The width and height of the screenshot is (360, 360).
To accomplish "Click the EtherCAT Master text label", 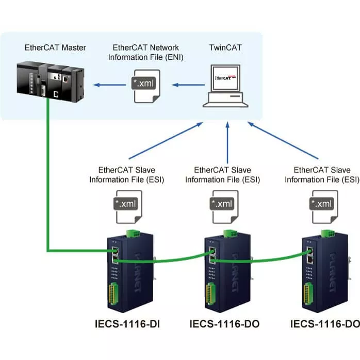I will (x=55, y=48).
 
